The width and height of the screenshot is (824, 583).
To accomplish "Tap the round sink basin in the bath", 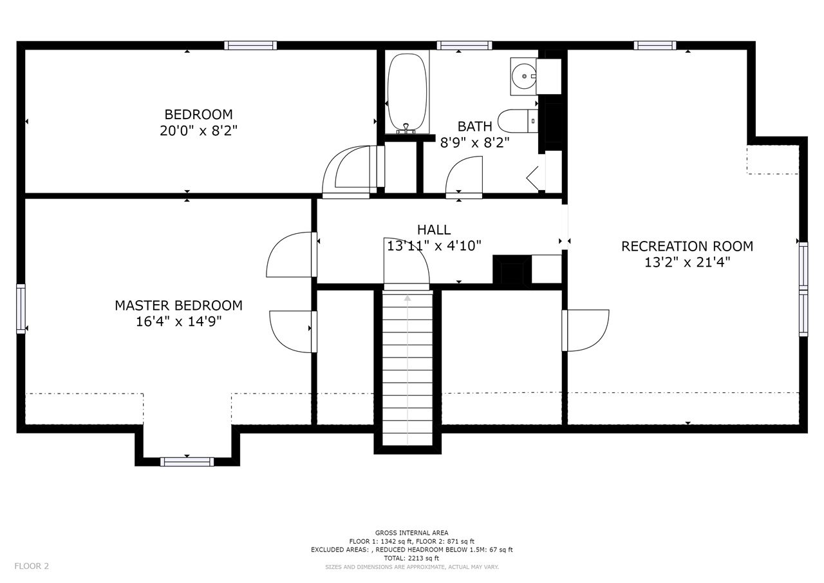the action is pos(524,76).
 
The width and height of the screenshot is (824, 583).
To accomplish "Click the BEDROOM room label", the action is pos(199,115).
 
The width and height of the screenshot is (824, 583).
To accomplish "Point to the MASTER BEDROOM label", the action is pos(179,305).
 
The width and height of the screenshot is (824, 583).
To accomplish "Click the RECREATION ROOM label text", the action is pos(687,246).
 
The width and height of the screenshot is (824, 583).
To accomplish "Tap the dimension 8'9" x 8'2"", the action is pos(475,143).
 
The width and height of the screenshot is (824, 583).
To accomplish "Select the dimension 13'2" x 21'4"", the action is pos(687,262).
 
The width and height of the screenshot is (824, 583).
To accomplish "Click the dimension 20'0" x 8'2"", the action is pos(199,131).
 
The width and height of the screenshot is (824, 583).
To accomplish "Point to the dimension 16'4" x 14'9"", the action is pos(179,321).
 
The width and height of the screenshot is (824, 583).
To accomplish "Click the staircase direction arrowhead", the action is pos(407,298).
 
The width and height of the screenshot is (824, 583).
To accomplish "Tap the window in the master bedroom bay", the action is pos(187,461).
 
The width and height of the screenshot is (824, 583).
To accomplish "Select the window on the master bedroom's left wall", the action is pos(21,309).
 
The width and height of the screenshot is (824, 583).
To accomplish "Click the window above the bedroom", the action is pos(250,45).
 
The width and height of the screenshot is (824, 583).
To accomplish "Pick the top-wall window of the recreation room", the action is pos(655,45).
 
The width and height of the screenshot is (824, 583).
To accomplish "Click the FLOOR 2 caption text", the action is pos(32,566).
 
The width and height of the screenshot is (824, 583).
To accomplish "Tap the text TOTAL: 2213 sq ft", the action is pos(411,558).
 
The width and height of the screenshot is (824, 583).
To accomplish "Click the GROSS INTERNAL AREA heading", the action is pos(411,533).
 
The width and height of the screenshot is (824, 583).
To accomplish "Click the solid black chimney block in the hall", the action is pos(512,272).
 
